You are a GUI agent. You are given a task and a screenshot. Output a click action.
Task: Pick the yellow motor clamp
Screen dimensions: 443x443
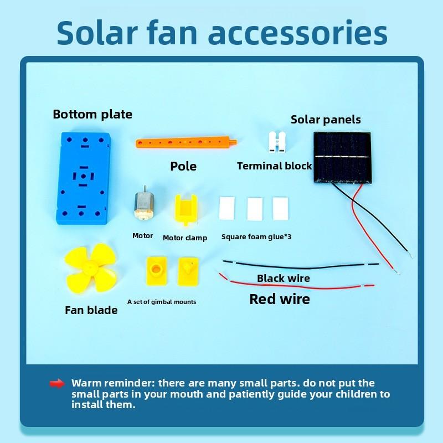(x=184, y=210)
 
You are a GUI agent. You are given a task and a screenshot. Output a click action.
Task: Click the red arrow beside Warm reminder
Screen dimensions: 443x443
(x=57, y=383)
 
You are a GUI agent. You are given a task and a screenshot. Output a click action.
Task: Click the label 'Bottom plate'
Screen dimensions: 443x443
(x=92, y=115)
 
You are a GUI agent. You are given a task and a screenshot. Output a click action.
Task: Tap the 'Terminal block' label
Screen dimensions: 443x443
(x=275, y=166)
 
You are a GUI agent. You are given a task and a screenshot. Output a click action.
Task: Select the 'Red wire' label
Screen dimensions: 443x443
(x=280, y=300)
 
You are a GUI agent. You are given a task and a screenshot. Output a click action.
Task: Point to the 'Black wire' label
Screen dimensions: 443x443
(x=284, y=278)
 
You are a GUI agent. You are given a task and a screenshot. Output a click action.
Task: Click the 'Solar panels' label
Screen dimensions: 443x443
(x=326, y=120)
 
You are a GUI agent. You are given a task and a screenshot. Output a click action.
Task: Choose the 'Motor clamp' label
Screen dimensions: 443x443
(x=185, y=238)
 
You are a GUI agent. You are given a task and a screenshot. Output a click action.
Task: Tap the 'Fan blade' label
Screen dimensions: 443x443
(x=91, y=310)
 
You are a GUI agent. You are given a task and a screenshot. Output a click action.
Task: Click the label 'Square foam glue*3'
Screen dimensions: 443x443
(x=256, y=237)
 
